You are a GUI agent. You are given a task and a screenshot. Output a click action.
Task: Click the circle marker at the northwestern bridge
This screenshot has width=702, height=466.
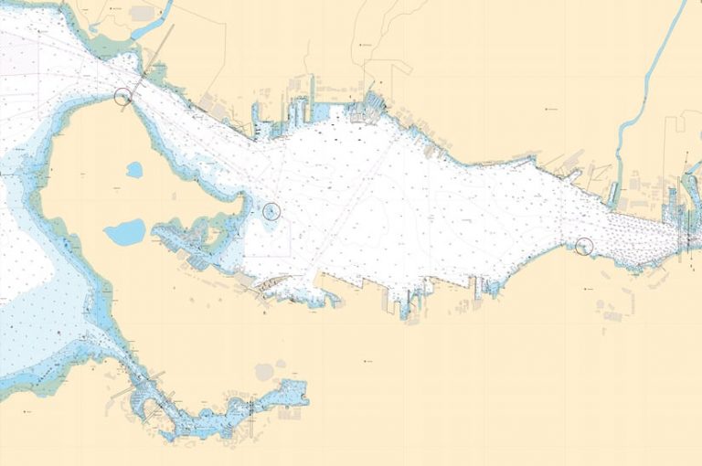pos(123,95)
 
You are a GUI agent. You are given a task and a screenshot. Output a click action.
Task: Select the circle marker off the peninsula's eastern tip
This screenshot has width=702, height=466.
pos(271,211)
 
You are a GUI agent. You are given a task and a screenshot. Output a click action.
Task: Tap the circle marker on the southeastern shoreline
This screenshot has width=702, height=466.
pos(585,245)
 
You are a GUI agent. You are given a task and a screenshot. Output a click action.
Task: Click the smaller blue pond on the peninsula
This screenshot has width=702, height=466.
pos(134,170)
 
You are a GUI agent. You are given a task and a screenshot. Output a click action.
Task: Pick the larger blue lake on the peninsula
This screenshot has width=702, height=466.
pos(124,231)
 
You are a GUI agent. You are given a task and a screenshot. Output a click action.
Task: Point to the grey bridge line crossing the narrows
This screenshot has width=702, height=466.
pos(157,51)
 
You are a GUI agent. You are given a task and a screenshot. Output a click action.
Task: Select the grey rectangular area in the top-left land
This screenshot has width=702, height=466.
pos(142,14)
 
